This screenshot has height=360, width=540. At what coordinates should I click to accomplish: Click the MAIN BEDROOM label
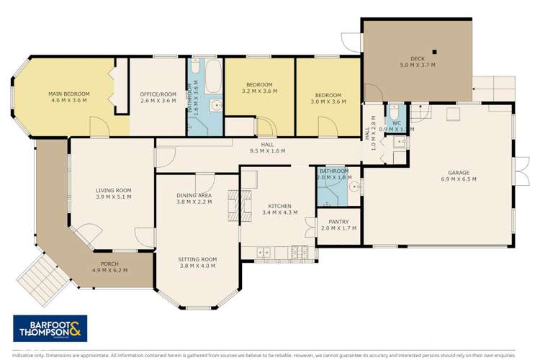[x=69, y=94]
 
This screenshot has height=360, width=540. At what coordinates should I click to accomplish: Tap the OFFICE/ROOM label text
[x=158, y=94]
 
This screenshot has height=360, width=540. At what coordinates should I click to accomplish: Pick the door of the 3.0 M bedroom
[x=328, y=127]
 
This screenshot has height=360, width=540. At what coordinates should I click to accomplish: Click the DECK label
[x=418, y=59]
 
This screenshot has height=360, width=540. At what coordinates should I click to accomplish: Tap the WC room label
[x=397, y=123]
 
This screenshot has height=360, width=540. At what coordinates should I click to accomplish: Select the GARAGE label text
[x=459, y=173]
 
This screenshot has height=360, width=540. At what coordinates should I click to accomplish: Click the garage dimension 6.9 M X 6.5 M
[x=459, y=179]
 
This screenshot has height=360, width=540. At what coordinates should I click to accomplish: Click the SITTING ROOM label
[x=198, y=259]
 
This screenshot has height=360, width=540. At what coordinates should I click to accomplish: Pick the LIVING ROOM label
[x=113, y=191]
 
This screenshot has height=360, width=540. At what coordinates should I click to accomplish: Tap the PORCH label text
[x=109, y=264]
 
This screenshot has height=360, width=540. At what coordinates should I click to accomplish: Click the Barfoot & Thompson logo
[x=50, y=328]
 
